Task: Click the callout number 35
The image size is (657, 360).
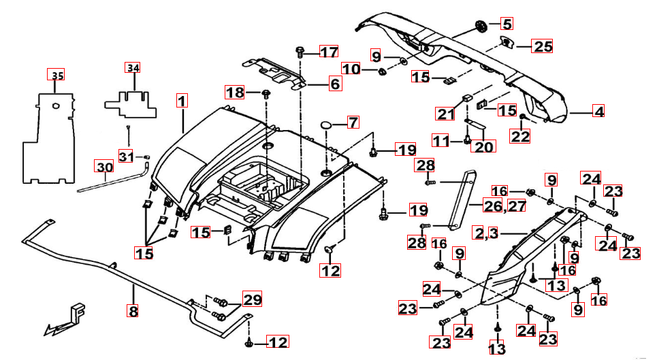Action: click(x=58, y=75)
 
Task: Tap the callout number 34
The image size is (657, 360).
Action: click(x=133, y=67)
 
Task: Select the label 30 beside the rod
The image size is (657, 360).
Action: click(x=104, y=167)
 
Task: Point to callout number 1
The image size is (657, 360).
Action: click(x=182, y=101)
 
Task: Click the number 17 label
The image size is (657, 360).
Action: click(x=329, y=52)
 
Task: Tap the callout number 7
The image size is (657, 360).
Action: click(x=353, y=123)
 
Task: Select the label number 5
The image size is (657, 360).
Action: click(x=507, y=24)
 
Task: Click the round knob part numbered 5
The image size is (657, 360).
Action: click(x=482, y=27)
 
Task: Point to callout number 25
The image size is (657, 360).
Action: click(x=543, y=46)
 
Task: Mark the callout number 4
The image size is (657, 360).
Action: click(x=598, y=112)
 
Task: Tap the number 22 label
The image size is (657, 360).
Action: click(x=521, y=137)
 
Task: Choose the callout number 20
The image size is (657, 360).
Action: click(x=485, y=145)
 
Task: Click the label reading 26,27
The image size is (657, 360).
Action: click(x=504, y=205)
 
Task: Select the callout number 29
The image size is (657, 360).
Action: click(x=251, y=299)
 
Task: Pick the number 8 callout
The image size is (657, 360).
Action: click(x=133, y=311)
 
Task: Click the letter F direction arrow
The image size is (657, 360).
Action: click(x=68, y=319)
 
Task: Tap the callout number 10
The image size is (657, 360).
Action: click(x=351, y=69)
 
